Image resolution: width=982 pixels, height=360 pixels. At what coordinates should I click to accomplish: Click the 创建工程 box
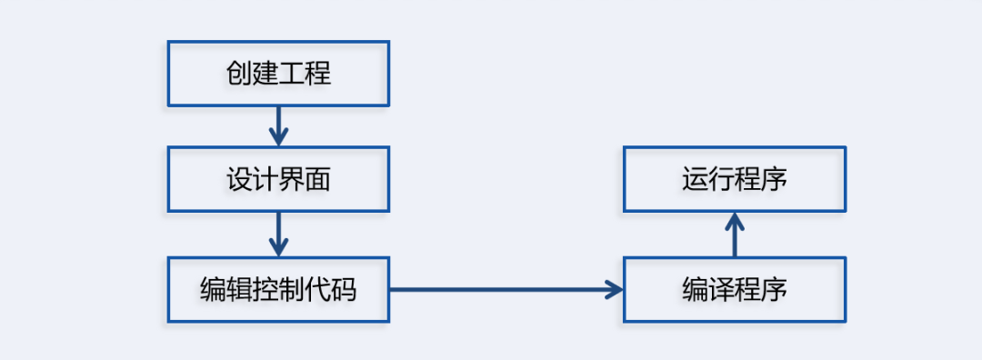point(278,74)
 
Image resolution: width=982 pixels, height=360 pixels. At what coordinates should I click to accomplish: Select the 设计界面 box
point(278,180)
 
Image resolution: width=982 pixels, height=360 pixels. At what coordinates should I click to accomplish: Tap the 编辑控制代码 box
point(278,290)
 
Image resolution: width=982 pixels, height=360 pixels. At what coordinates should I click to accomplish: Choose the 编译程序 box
point(735,290)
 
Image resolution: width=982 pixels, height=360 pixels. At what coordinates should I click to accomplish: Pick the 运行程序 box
point(735,180)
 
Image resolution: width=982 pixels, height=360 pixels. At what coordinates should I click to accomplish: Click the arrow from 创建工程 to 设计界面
point(279,125)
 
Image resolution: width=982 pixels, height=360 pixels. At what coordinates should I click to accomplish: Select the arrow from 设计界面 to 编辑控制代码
point(279,234)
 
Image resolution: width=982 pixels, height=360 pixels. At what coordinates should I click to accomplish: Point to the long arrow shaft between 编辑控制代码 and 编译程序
point(500,290)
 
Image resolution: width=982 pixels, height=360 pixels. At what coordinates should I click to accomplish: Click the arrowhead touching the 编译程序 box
point(616,290)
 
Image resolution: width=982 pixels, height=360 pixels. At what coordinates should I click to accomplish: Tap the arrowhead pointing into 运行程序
point(735,220)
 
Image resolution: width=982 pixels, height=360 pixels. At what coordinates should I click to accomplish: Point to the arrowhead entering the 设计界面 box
point(279,138)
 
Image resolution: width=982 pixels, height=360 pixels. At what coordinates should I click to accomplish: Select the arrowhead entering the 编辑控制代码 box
point(279,248)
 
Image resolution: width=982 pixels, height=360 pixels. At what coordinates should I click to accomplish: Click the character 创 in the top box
point(239,74)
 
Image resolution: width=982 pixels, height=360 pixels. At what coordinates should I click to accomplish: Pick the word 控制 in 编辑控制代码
point(278,290)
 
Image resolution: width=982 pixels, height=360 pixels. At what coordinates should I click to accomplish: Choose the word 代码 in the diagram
point(331,290)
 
